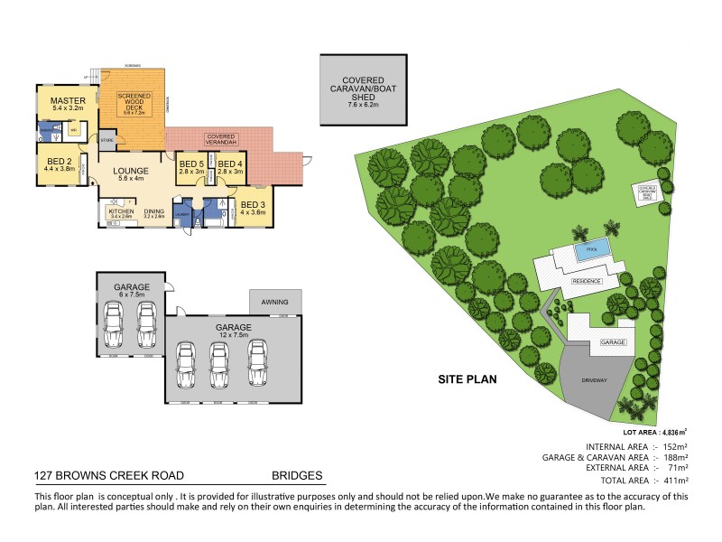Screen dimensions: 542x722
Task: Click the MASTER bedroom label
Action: pos(67,101)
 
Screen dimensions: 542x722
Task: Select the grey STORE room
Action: pos(107,142)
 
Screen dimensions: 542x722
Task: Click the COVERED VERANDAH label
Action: pos(222,135)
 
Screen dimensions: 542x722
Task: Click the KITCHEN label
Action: pos(121,212)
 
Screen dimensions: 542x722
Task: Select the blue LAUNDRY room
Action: pos(182,214)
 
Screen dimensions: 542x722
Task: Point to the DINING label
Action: pos(154,212)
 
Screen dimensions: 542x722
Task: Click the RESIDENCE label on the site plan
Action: pos(587,281)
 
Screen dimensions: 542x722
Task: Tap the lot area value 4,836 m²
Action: pos(672,433)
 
